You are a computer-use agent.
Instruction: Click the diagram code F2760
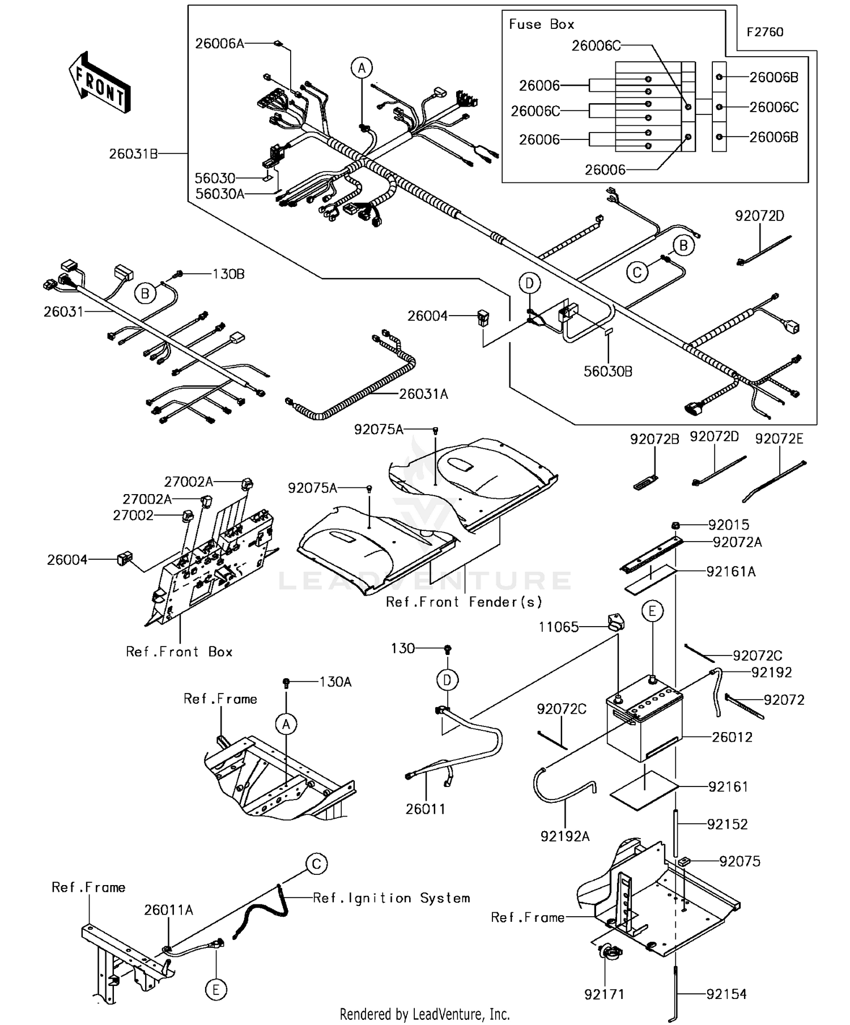pyautogui.click(x=764, y=32)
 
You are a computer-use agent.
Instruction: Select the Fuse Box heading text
pyautogui.click(x=541, y=24)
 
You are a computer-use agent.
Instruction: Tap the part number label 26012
pyautogui.click(x=732, y=737)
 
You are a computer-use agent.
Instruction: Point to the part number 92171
pyautogui.click(x=604, y=994)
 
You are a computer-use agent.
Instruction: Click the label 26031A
pyautogui.click(x=423, y=394)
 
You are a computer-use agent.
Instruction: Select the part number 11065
pyautogui.click(x=558, y=627)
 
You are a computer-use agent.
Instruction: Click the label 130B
pyautogui.click(x=228, y=274)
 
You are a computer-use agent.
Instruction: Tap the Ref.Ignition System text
pyautogui.click(x=391, y=898)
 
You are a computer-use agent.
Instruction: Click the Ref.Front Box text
pyautogui.click(x=179, y=652)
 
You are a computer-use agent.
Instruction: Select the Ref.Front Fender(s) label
pyautogui.click(x=464, y=602)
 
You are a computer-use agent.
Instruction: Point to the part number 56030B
pyautogui.click(x=608, y=371)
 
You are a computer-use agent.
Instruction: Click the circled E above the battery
pyautogui.click(x=652, y=611)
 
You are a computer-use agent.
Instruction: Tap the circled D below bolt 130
pyautogui.click(x=447, y=680)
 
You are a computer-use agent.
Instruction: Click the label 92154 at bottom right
pyautogui.click(x=726, y=994)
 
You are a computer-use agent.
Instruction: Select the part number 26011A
pyautogui.click(x=168, y=910)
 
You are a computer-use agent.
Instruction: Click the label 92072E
pyautogui.click(x=779, y=439)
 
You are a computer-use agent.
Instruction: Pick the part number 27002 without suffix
pyautogui.click(x=133, y=515)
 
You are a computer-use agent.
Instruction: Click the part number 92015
pyautogui.click(x=728, y=525)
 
